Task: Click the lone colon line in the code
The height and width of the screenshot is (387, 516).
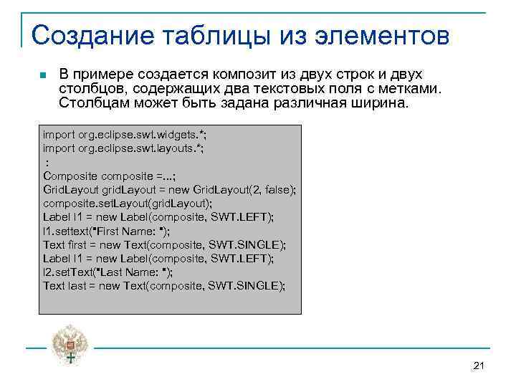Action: point(47,162)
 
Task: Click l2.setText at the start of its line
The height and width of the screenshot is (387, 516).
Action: point(69,272)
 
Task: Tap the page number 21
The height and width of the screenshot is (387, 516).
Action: point(479,366)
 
